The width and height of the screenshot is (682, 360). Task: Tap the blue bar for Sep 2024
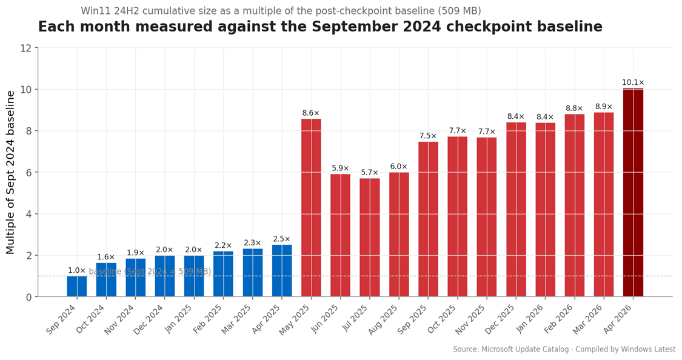click(77, 286)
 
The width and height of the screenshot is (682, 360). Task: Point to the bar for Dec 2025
click(516, 209)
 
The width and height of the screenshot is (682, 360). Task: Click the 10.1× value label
click(633, 82)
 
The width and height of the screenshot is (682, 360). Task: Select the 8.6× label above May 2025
click(311, 113)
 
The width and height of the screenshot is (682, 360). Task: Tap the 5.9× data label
click(340, 168)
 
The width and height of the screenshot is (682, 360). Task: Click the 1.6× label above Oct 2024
click(106, 257)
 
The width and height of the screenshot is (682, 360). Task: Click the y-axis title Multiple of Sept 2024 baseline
click(11, 172)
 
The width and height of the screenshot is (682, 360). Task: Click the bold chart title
click(320, 27)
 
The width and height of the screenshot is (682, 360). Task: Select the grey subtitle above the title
click(281, 11)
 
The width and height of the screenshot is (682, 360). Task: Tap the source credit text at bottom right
click(564, 349)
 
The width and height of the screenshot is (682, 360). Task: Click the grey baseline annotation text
click(150, 272)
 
